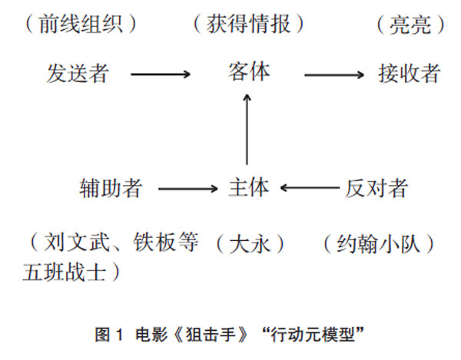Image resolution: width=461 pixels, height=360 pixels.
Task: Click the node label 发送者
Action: (78, 74)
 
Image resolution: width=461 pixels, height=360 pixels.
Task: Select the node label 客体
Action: (249, 72)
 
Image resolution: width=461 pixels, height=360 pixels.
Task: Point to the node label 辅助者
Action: (111, 188)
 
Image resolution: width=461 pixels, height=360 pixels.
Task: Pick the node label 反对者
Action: (376, 188)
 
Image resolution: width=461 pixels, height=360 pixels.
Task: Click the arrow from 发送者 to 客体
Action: (160, 74)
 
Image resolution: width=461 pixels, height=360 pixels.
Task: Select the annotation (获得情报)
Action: (249, 25)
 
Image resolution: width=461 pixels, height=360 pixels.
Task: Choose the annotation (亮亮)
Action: (411, 25)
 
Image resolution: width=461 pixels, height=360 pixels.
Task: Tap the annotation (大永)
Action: (250, 244)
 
